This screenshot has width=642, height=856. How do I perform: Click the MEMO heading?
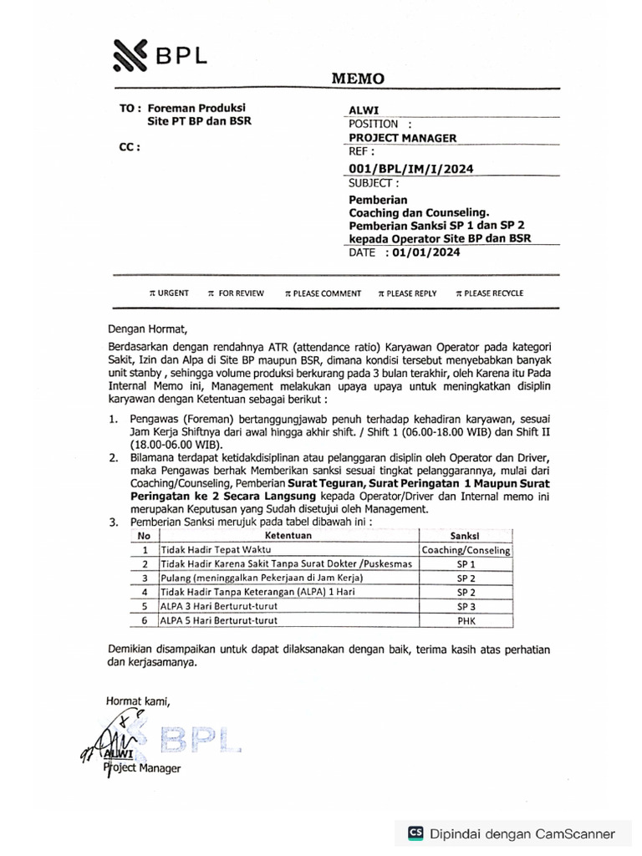[x=359, y=79]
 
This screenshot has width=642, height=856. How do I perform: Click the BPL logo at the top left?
[x=160, y=57]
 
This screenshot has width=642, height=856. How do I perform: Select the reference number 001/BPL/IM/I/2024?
[x=410, y=169]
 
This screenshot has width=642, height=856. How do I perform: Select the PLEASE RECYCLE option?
[x=492, y=293]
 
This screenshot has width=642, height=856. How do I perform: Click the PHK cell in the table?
[x=466, y=620]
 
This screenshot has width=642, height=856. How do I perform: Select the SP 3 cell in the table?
[x=466, y=606]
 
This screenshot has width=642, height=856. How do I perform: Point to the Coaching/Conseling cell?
[x=466, y=550]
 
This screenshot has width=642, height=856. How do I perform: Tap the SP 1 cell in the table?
[x=466, y=564]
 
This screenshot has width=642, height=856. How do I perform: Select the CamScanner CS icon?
[x=415, y=833]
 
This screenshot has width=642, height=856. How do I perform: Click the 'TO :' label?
[x=130, y=109]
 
